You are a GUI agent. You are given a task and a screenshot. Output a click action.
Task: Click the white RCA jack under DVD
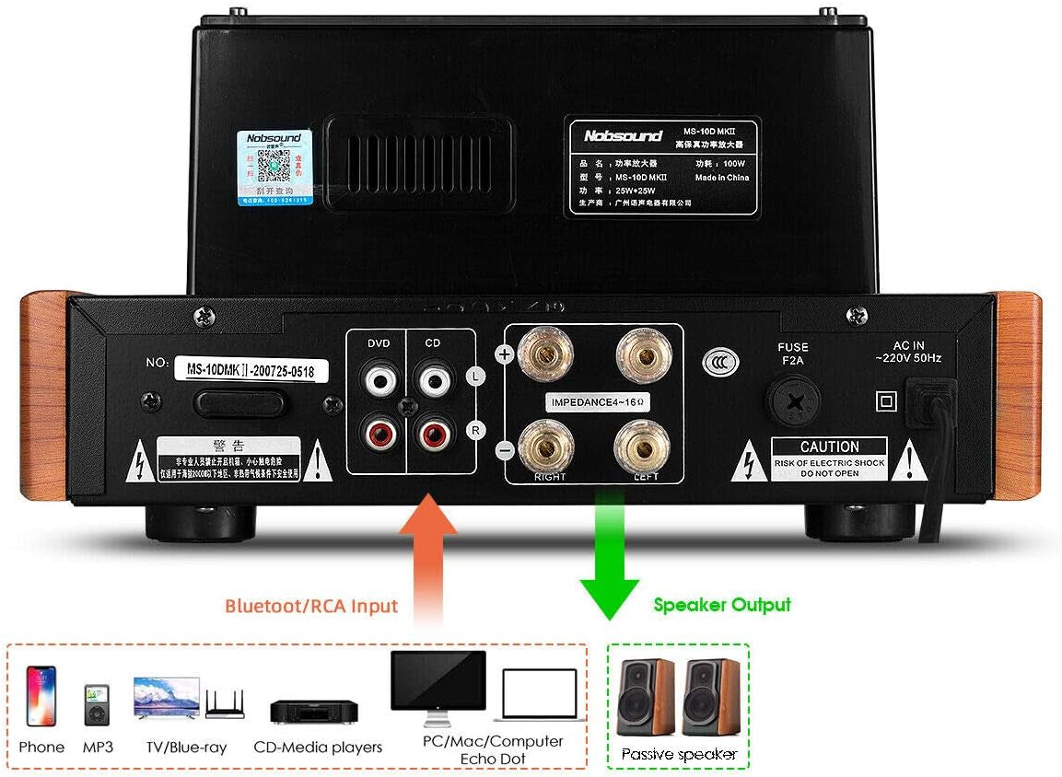click(x=378, y=378)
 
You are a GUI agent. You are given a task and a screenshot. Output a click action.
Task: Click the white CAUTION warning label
click(x=829, y=458)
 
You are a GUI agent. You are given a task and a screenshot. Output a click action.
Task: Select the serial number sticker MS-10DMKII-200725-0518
click(x=251, y=368)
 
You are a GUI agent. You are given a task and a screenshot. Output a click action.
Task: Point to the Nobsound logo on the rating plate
click(x=623, y=135)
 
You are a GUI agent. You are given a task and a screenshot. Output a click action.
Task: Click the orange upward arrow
click(x=427, y=552)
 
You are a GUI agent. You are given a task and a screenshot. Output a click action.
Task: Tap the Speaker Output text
click(x=721, y=605)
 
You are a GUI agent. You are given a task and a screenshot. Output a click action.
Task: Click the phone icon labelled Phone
click(x=41, y=696)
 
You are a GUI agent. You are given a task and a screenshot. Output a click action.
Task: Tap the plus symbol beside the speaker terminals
click(x=504, y=354)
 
